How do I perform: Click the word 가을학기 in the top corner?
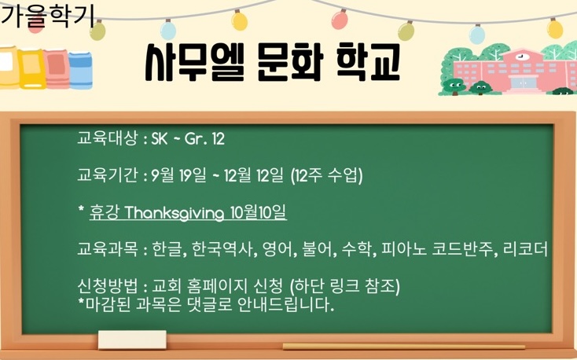pyautogui.click(x=47, y=17)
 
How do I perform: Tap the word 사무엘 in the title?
pyautogui.click(x=195, y=64)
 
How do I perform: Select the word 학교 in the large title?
pyautogui.click(x=368, y=63)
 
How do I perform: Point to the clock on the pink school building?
pyautogui.click(x=520, y=57)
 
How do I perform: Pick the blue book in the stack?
pyautogui.click(x=81, y=70)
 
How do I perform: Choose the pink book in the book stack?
pyautogui.click(x=57, y=69)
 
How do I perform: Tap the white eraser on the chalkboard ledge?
pyautogui.click(x=132, y=340)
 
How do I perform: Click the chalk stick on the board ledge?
pyautogui.click(x=404, y=347)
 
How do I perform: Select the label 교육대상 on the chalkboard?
pyautogui.click(x=107, y=139)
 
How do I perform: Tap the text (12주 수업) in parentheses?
pyautogui.click(x=326, y=176)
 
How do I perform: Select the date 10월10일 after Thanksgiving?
pyautogui.click(x=259, y=213)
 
